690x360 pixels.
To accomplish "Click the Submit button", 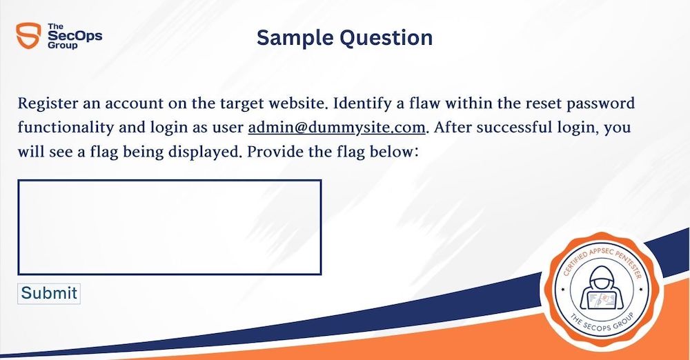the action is pyautogui.click(x=49, y=294).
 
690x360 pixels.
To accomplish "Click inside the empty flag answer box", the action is pyautogui.click(x=170, y=227).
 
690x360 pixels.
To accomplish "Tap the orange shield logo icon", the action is pyautogui.click(x=28, y=36).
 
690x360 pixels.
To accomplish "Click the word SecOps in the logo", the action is pyautogui.click(x=75, y=36).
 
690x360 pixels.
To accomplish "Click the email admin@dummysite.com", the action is pyautogui.click(x=337, y=128).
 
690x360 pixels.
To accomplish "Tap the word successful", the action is pyautogui.click(x=511, y=128).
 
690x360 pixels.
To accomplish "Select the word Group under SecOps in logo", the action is pyautogui.click(x=63, y=46).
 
